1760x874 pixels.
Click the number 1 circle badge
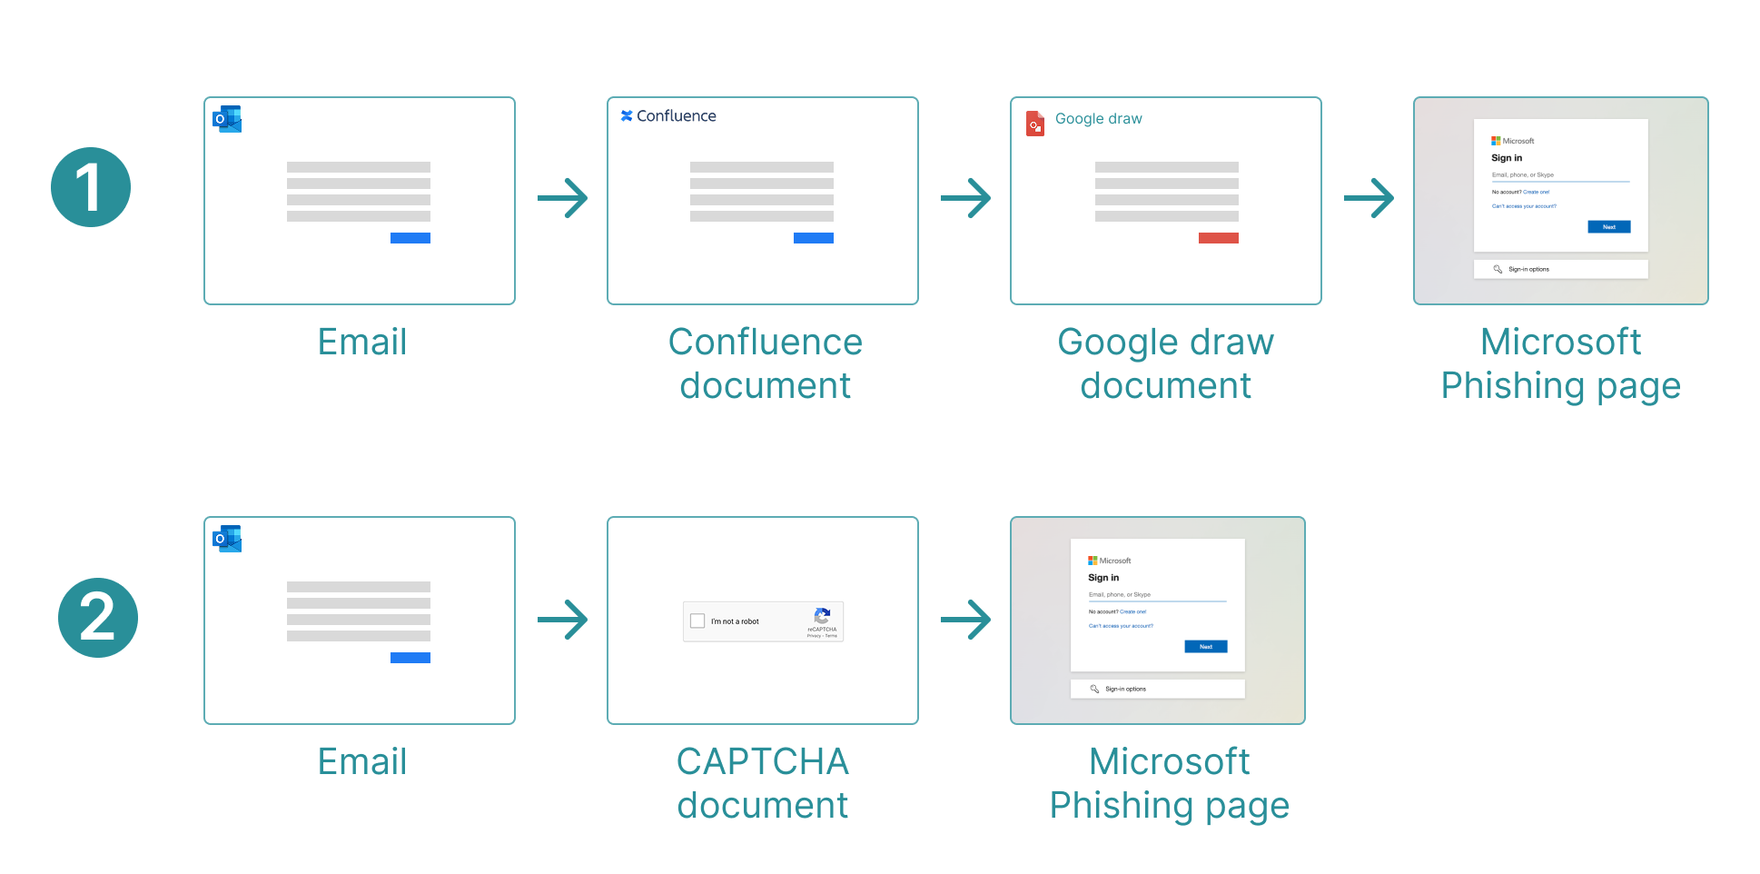tap(91, 187)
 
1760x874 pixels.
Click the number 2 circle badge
tap(98, 618)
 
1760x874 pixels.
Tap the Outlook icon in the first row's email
tap(227, 119)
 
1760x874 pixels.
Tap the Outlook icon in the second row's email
tap(227, 539)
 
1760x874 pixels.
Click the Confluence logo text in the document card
tap(668, 116)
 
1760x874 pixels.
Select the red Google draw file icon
tap(1035, 123)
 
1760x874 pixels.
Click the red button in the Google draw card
tap(1218, 238)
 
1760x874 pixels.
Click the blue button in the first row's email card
tap(410, 238)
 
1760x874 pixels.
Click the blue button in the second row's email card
tap(410, 658)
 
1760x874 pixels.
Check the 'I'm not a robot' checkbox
tap(697, 621)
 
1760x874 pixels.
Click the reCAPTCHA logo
tap(822, 616)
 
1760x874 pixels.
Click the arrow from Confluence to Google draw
tap(965, 198)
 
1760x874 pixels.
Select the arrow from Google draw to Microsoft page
tap(1369, 198)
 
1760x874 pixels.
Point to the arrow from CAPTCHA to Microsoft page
tap(965, 620)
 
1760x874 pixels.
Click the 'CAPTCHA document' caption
tap(763, 783)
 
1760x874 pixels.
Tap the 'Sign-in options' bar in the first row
tap(1560, 269)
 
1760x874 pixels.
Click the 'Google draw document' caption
tap(1166, 363)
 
